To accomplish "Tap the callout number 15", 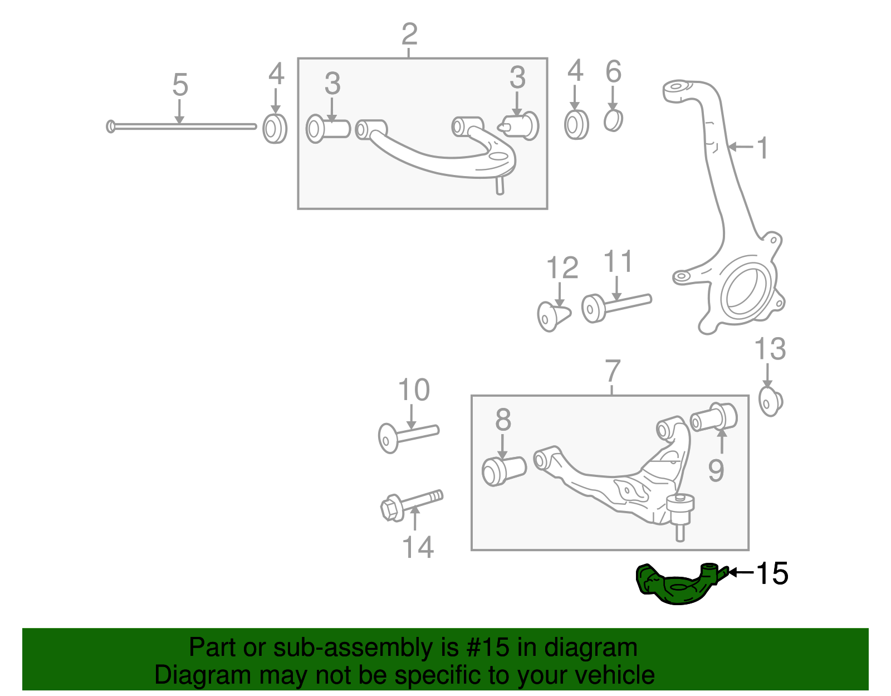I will [x=772, y=573].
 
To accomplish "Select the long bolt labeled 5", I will [x=181, y=126].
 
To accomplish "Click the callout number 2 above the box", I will [x=409, y=35].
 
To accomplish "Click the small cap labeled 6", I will [x=613, y=120].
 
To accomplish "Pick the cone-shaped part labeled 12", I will [x=552, y=316].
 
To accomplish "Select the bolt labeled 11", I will [x=615, y=306].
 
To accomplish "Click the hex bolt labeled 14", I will [x=411, y=504].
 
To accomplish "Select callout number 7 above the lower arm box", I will [x=612, y=371].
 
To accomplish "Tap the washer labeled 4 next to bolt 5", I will [x=275, y=129].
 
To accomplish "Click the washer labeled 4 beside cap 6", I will [x=576, y=125].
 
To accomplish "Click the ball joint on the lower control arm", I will [x=680, y=507].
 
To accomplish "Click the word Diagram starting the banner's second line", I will [x=194, y=675].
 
